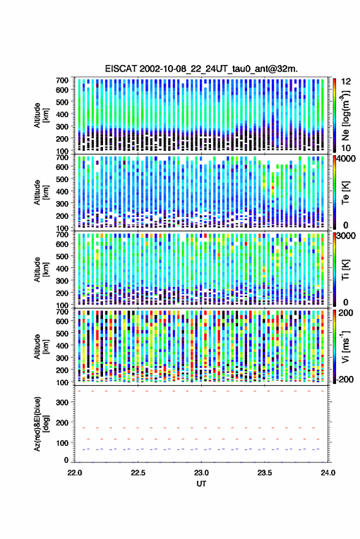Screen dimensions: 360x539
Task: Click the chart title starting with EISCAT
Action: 202,69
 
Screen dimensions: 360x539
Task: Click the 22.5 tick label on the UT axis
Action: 138,473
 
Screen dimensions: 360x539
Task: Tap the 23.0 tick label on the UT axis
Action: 201,473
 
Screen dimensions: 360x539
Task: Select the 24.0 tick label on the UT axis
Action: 328,473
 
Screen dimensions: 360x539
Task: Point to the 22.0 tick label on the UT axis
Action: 75,473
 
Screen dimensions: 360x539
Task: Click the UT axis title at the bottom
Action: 201,484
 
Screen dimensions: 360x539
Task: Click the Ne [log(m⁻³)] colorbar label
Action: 346,115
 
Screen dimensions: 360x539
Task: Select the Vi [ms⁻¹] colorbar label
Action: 345,346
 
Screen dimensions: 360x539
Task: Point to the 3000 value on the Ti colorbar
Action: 347,235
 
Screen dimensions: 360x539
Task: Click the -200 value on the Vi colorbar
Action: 345,379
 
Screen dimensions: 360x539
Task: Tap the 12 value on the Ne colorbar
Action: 347,82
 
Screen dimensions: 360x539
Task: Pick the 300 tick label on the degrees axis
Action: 62,402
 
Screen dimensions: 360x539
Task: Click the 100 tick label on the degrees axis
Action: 62,443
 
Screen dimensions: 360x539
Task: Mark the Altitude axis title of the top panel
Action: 41,115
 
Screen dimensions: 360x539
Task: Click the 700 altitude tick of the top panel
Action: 62,80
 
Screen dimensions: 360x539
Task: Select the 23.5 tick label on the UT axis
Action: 264,473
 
